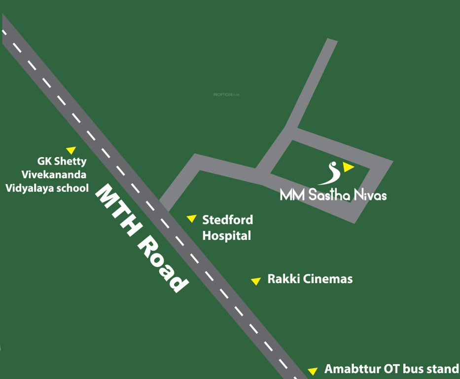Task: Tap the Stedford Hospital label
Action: (x=227, y=227)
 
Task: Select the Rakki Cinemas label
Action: (x=310, y=279)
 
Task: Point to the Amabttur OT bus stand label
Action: (x=391, y=369)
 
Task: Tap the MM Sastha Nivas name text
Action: (x=333, y=194)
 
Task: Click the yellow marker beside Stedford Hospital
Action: (x=191, y=219)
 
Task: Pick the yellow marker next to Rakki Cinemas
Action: (x=255, y=281)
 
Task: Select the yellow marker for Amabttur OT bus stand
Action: (x=312, y=371)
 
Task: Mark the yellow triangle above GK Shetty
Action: (x=71, y=150)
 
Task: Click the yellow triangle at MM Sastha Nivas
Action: (x=348, y=167)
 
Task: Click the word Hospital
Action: (x=227, y=236)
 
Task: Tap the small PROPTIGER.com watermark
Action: (x=226, y=95)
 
